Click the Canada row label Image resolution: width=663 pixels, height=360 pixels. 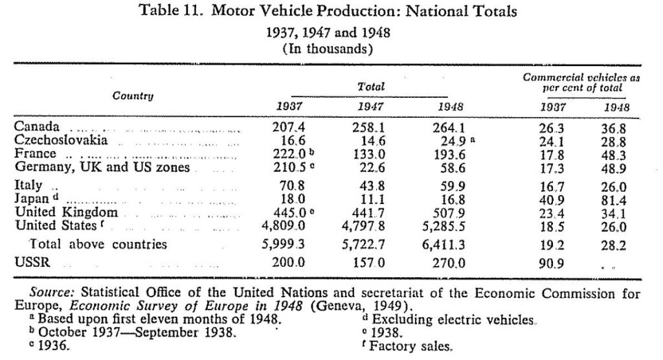pyautogui.click(x=37, y=126)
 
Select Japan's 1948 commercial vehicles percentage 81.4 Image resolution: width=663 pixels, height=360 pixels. pyautogui.click(x=614, y=200)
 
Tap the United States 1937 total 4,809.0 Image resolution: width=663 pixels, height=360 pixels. pyautogui.click(x=284, y=226)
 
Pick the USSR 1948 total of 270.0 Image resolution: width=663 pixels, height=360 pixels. pyautogui.click(x=449, y=263)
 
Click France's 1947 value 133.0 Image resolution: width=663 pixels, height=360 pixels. pyautogui.click(x=368, y=155)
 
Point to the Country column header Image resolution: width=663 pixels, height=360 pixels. pyautogui.click(x=133, y=96)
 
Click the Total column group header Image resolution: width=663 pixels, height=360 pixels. pyautogui.click(x=371, y=87)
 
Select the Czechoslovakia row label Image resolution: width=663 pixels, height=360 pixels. pyautogui.click(x=61, y=140)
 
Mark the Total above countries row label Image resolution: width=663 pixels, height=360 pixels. pyautogui.click(x=98, y=244)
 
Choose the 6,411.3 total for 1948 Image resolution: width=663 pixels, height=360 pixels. pyautogui.click(x=444, y=245)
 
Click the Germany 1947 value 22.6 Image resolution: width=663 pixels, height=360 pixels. pyautogui.click(x=372, y=168)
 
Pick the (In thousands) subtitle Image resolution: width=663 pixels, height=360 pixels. pyautogui.click(x=328, y=49)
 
